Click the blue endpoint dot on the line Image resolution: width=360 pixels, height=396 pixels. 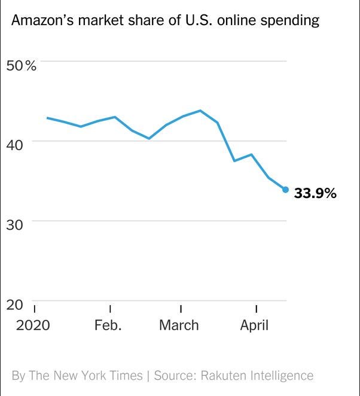(285, 190)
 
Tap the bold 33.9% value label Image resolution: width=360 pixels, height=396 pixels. (315, 194)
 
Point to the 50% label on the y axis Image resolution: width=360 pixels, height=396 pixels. (21, 66)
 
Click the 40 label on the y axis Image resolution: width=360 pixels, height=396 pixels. (16, 145)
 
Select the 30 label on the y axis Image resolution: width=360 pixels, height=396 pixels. (16, 225)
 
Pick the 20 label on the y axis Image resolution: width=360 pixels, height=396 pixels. (16, 305)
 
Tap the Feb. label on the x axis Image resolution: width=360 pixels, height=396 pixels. (108, 325)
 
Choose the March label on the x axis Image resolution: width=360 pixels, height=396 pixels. (179, 325)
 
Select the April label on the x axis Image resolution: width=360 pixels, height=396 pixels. (254, 325)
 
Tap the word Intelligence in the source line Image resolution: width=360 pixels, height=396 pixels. (281, 376)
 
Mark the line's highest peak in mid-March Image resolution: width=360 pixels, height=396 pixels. (200, 111)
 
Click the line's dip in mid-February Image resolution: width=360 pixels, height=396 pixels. (149, 138)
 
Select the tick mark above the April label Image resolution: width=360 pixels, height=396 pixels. (256, 309)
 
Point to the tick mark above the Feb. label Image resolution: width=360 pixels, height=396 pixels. (111, 309)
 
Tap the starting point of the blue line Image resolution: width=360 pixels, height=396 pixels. (47, 118)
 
